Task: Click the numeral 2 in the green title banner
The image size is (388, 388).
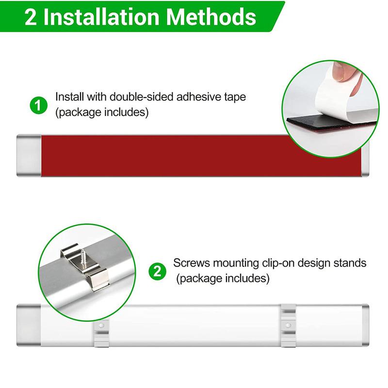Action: click(x=32, y=17)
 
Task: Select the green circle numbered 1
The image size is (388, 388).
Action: click(x=39, y=105)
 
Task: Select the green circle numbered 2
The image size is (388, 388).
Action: click(x=157, y=271)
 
